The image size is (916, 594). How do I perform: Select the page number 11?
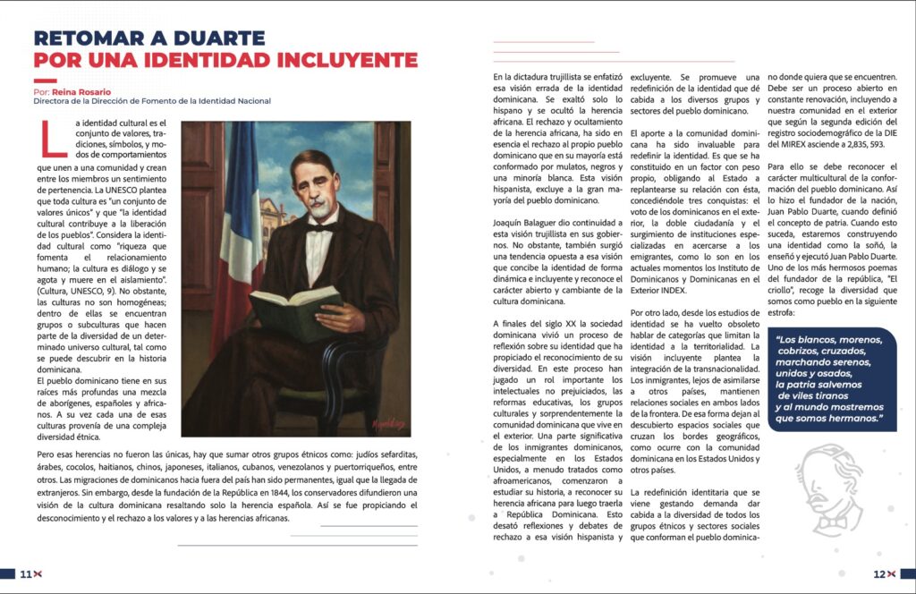(26, 573)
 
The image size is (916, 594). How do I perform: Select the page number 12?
(879, 573)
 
